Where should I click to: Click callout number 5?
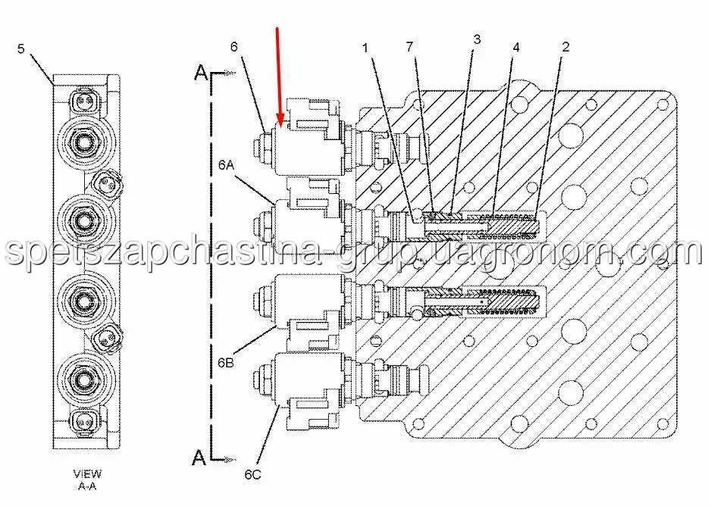(x=21, y=48)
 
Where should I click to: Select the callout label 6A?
(x=226, y=165)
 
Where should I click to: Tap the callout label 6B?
(x=226, y=362)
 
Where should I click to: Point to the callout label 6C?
(x=253, y=474)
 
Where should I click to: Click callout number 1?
(x=366, y=47)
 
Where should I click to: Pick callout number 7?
(x=409, y=46)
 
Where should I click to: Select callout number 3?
(x=477, y=39)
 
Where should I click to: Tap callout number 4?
(x=516, y=47)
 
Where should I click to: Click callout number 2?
(x=565, y=46)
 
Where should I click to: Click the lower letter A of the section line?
(x=199, y=458)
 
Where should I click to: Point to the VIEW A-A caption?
(x=87, y=480)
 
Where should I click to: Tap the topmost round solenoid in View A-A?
(x=84, y=142)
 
